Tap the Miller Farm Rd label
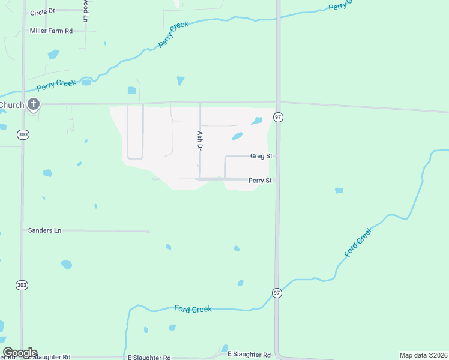[x=51, y=31]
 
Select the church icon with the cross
[x=34, y=106]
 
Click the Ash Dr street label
[x=200, y=140]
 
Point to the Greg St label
[x=261, y=156]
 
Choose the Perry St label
[x=261, y=180]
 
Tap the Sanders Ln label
[x=45, y=230]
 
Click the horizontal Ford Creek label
[x=193, y=309]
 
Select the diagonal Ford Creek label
[x=359, y=242]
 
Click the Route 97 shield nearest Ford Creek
[x=277, y=293]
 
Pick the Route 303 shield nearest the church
[x=22, y=135]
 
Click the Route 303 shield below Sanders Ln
[x=22, y=285]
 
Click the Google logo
[x=19, y=353]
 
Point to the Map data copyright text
[x=424, y=355]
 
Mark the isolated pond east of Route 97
[x=339, y=191]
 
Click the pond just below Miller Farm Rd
[x=53, y=54]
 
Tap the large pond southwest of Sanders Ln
[x=66, y=264]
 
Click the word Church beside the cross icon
[x=12, y=106]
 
